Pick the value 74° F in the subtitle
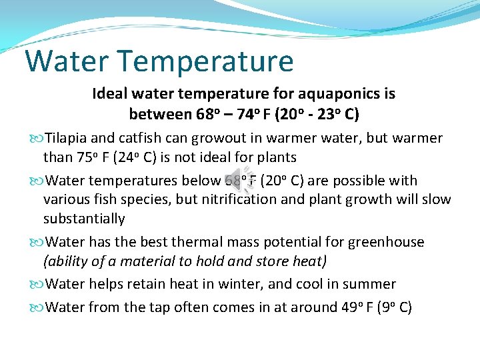tap(254, 114)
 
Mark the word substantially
tap(84, 219)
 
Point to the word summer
tap(370, 285)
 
